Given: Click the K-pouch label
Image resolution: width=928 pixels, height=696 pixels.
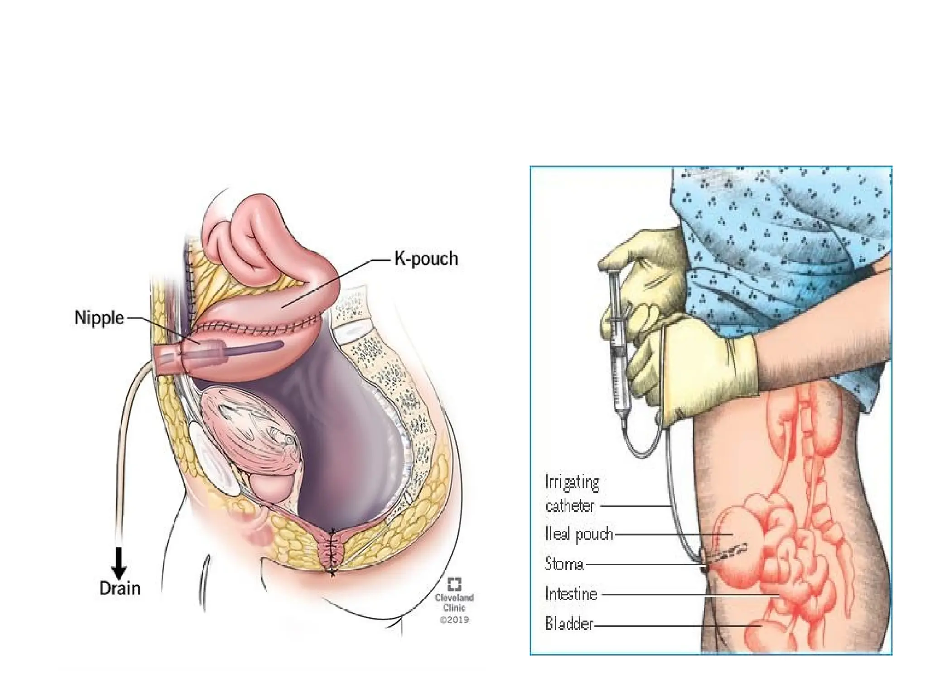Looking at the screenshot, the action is pyautogui.click(x=426, y=259).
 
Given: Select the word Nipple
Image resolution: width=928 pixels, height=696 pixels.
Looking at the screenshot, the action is pyautogui.click(x=99, y=318).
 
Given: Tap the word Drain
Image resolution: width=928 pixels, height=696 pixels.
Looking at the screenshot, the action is pyautogui.click(x=120, y=589).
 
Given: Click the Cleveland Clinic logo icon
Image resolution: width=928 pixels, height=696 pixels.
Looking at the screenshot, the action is pyautogui.click(x=454, y=584).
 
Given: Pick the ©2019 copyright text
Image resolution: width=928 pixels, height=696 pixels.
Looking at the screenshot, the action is pyautogui.click(x=454, y=619).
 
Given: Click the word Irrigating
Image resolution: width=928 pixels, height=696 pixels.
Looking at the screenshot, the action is pyautogui.click(x=572, y=483).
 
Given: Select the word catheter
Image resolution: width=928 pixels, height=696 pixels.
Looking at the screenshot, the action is pyautogui.click(x=570, y=506).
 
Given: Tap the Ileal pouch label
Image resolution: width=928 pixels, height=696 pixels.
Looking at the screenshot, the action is pyautogui.click(x=579, y=535).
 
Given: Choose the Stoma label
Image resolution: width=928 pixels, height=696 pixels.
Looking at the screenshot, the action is pyautogui.click(x=564, y=564).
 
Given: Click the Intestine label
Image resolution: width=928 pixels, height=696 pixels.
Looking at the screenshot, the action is pyautogui.click(x=571, y=594).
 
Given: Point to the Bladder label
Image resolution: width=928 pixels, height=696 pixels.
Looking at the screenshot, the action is pyautogui.click(x=569, y=624).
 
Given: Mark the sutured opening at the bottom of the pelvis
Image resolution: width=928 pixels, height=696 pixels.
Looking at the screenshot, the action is pyautogui.click(x=333, y=551).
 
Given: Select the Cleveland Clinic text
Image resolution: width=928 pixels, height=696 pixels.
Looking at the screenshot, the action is pyautogui.click(x=454, y=603).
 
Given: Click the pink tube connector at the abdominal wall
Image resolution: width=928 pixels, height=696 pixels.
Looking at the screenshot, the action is pyautogui.click(x=169, y=358).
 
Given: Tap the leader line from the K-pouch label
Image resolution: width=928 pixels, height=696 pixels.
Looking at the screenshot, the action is pyautogui.click(x=335, y=283).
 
